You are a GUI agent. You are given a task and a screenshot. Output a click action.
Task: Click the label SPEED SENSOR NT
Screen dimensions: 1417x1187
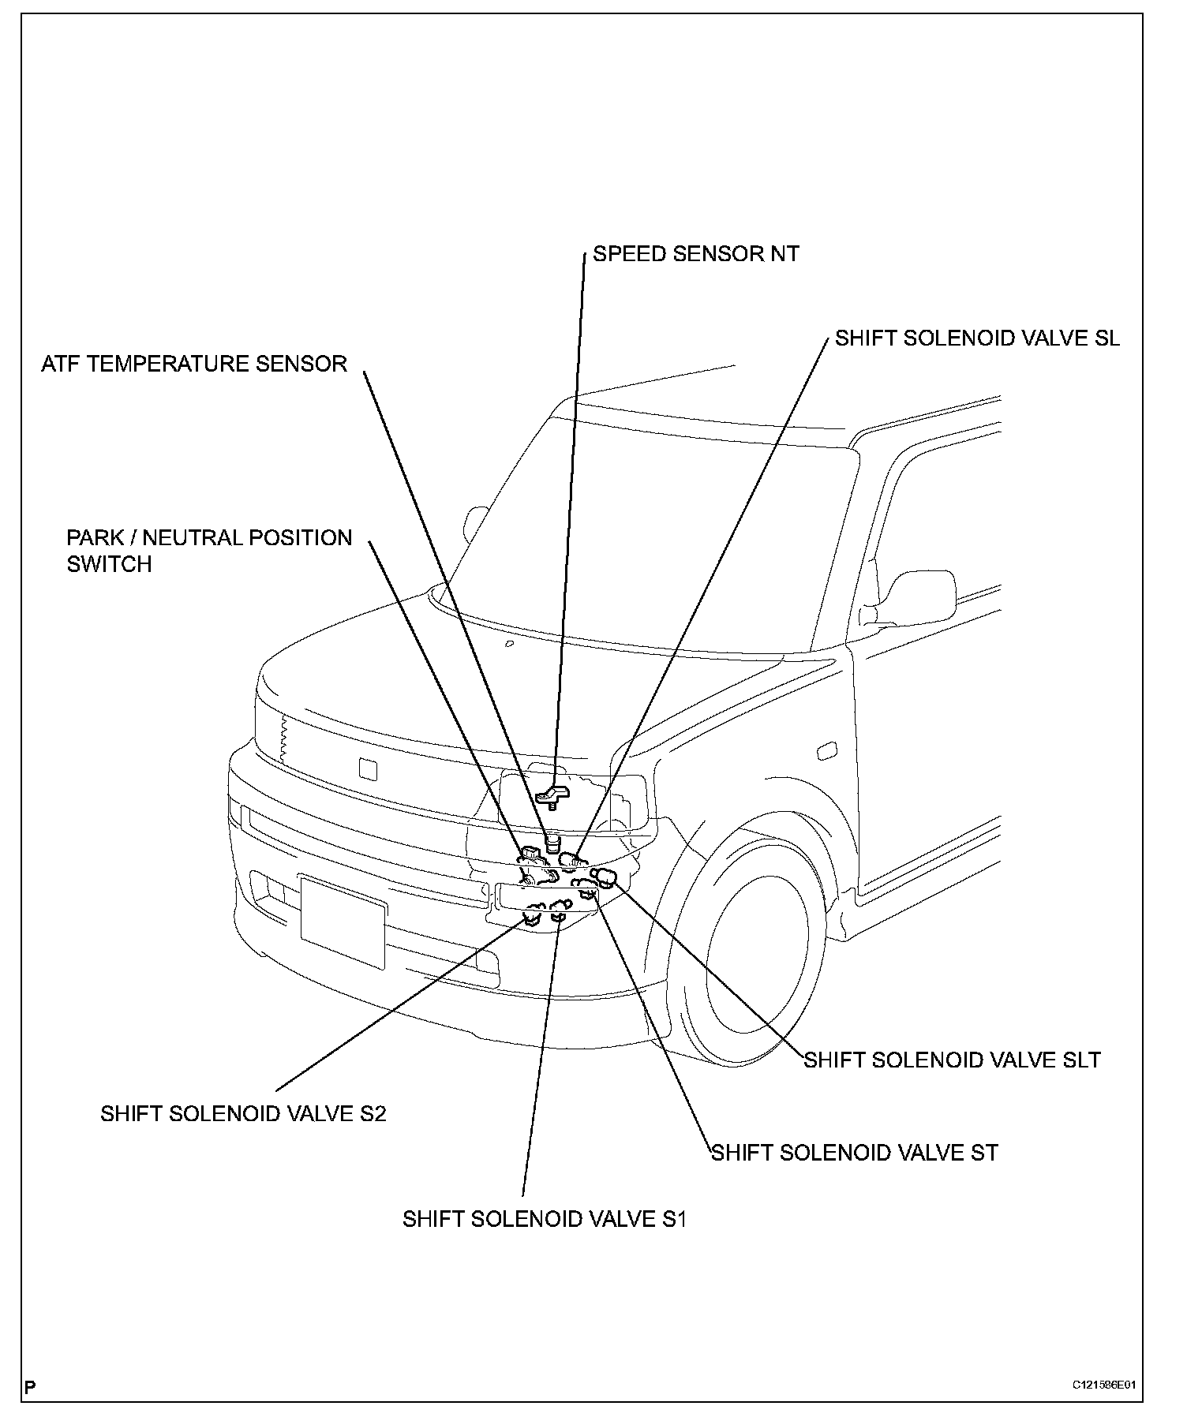tap(695, 254)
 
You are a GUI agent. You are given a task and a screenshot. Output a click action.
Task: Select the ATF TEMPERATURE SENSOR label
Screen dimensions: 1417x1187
tap(194, 364)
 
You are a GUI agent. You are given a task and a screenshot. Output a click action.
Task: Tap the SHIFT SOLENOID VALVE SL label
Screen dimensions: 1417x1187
tap(977, 338)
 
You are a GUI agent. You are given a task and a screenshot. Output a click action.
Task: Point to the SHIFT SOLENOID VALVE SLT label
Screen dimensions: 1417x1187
tap(952, 1060)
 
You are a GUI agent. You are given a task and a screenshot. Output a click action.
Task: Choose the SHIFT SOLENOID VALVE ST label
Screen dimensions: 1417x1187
tap(855, 1153)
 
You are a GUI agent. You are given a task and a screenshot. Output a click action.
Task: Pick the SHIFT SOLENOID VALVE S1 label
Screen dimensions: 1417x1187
tap(545, 1219)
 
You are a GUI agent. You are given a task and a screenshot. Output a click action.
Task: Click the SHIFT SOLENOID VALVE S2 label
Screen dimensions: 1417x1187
tap(243, 1113)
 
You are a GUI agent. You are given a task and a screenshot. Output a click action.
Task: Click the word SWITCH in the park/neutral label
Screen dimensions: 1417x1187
tap(109, 565)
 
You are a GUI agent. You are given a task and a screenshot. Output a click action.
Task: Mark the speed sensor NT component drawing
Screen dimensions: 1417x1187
tap(553, 795)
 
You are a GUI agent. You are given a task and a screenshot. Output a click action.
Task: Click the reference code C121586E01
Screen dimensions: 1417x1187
tap(1103, 1385)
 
